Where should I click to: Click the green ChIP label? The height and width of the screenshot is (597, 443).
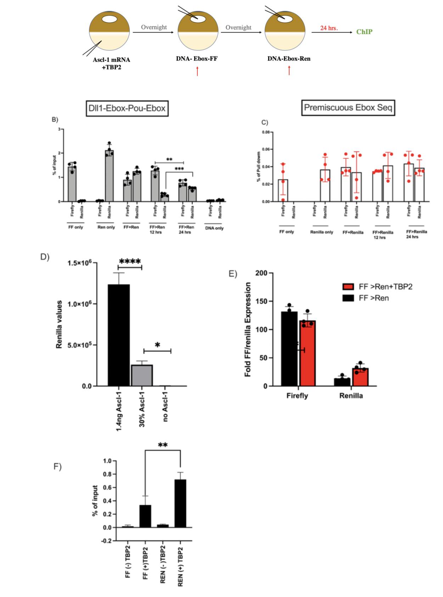364,32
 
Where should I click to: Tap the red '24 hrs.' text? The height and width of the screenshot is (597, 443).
329,28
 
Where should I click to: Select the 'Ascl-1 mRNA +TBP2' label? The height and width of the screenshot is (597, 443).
111,63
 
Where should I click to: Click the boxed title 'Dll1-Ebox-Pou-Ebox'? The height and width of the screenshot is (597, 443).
127,108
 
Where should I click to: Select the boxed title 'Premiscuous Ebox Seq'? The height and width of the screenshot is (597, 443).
348,107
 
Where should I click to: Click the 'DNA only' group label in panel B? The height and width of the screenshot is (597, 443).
214,228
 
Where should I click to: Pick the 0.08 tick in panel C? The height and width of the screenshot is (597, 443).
265,132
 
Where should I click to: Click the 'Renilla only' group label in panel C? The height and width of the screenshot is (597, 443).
321,232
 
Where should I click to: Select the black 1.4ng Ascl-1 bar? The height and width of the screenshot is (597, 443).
119,335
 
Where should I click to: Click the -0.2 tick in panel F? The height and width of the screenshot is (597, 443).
107,541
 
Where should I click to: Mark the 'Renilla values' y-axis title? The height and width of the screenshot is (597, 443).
60,324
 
